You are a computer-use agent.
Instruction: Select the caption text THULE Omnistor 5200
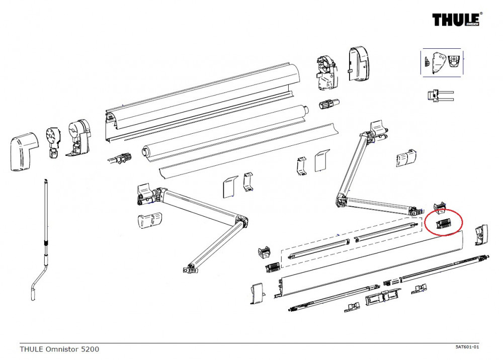click(59, 348)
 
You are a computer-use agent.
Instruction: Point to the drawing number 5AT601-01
click(466, 347)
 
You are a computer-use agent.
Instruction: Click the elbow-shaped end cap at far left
click(23, 151)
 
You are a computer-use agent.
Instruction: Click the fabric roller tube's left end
click(145, 151)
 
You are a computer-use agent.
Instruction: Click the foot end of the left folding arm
click(190, 269)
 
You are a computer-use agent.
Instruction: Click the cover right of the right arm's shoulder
click(406, 158)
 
